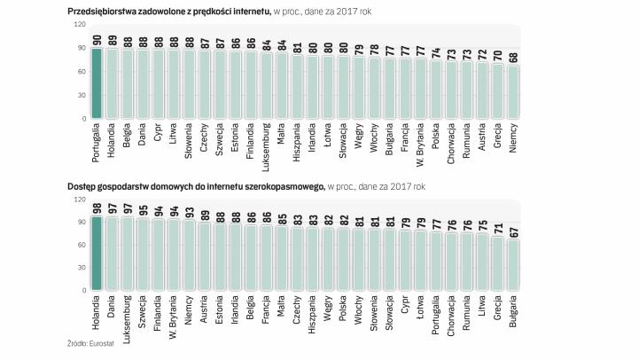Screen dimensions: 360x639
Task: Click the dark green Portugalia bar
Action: tap(97, 82)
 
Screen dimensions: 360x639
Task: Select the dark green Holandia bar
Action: tap(97, 252)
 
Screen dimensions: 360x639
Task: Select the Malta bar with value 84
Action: tap(281, 86)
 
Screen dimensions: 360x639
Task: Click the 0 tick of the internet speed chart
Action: tap(84, 118)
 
